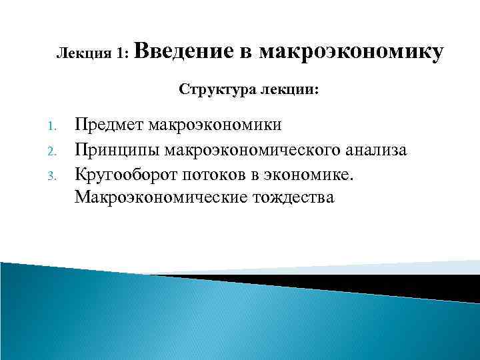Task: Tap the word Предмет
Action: (x=109, y=125)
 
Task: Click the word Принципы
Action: (x=115, y=149)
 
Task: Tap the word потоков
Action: (x=215, y=173)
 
